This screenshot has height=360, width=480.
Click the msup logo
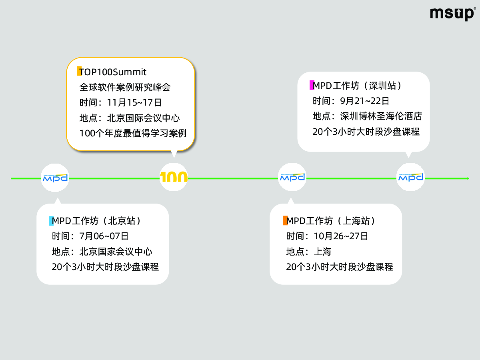click(x=453, y=14)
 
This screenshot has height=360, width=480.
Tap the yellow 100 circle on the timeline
click(x=174, y=177)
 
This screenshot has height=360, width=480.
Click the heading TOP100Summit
click(x=113, y=72)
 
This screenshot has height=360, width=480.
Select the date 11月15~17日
click(x=134, y=102)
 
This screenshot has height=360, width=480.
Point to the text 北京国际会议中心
click(x=144, y=118)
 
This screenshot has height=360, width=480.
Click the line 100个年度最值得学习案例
click(x=133, y=133)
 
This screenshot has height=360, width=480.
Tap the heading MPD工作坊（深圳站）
click(x=358, y=86)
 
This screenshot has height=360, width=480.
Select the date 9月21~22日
click(x=365, y=101)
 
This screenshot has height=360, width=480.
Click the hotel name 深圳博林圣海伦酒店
click(x=381, y=116)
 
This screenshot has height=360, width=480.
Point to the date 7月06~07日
click(x=104, y=236)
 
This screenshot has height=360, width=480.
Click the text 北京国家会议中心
click(x=116, y=252)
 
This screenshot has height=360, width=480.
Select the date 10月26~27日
click(x=341, y=236)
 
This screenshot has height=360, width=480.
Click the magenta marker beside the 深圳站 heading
click(x=312, y=85)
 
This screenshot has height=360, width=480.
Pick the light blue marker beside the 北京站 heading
click(x=51, y=221)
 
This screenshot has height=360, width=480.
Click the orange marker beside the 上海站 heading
click(x=285, y=220)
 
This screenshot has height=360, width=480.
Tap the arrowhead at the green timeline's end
click(x=468, y=178)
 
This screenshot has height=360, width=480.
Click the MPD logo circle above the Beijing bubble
click(x=55, y=178)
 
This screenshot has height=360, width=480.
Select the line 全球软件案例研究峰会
click(x=125, y=87)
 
